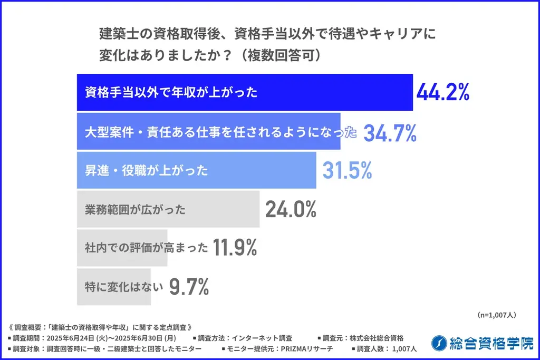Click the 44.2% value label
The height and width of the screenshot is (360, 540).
pyautogui.click(x=442, y=93)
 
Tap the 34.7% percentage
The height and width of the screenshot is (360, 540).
pyautogui.click(x=390, y=133)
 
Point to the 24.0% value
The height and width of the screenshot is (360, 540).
pyautogui.click(x=291, y=209)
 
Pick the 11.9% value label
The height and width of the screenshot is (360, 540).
pyautogui.click(x=235, y=247)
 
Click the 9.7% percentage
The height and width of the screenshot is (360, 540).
pyautogui.click(x=189, y=287)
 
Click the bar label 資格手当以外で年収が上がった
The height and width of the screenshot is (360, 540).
pyautogui.click(x=171, y=93)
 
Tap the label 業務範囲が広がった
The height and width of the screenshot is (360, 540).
pyautogui.click(x=135, y=209)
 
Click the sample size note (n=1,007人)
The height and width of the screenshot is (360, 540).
pyautogui.click(x=496, y=315)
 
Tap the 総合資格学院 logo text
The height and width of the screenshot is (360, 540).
pyautogui.click(x=491, y=343)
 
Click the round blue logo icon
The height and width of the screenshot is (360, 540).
pyautogui.click(x=439, y=343)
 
